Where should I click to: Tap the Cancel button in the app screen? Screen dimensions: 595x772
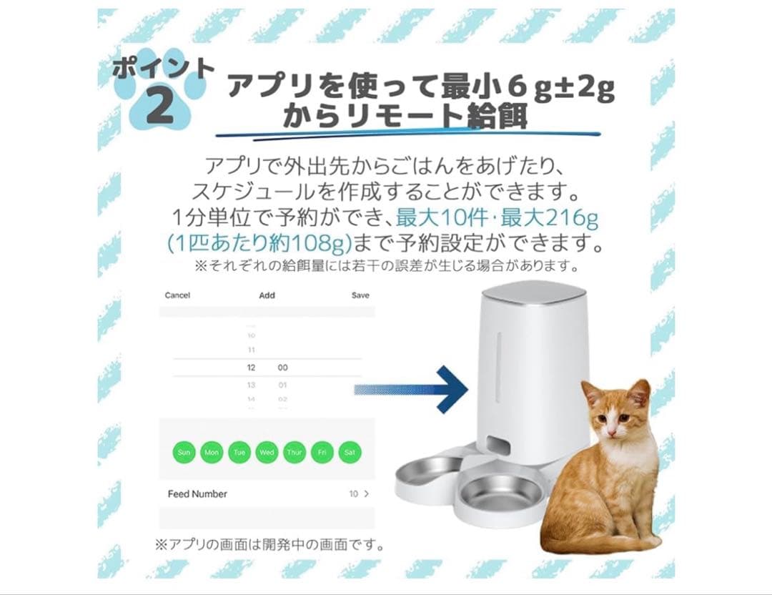(x=177, y=295)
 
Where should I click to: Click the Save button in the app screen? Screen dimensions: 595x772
(x=360, y=295)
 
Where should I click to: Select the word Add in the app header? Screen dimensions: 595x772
(x=267, y=295)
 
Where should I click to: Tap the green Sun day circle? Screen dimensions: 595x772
(x=184, y=452)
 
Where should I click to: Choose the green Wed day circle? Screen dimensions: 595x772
(x=267, y=452)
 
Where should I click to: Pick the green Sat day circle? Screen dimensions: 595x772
(x=350, y=452)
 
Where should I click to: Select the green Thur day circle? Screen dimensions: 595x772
(x=295, y=452)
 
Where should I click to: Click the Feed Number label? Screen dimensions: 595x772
(x=197, y=494)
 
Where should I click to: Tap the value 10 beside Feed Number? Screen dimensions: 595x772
(x=353, y=494)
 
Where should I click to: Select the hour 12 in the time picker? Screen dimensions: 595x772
(x=251, y=367)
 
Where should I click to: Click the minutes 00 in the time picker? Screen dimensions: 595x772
(x=282, y=367)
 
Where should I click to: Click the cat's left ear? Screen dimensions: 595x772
(x=590, y=393)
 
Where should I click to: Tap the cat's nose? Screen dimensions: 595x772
(x=612, y=427)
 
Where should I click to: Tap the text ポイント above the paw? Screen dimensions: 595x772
(x=163, y=69)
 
